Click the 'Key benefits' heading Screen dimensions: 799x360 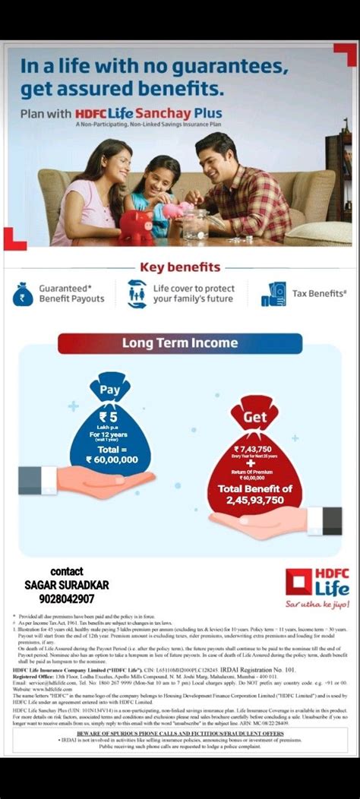coord(180,267)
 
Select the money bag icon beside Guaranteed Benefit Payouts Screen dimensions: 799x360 coord(22,293)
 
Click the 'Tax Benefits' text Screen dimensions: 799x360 coord(319,293)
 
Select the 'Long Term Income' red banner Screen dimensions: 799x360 coord(180,343)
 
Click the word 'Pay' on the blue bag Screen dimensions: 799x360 coord(110,390)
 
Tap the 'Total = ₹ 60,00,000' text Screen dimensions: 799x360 coord(111,453)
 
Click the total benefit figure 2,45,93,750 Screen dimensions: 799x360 coord(251,500)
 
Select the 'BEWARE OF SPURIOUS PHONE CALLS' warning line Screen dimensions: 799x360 coord(180,733)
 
